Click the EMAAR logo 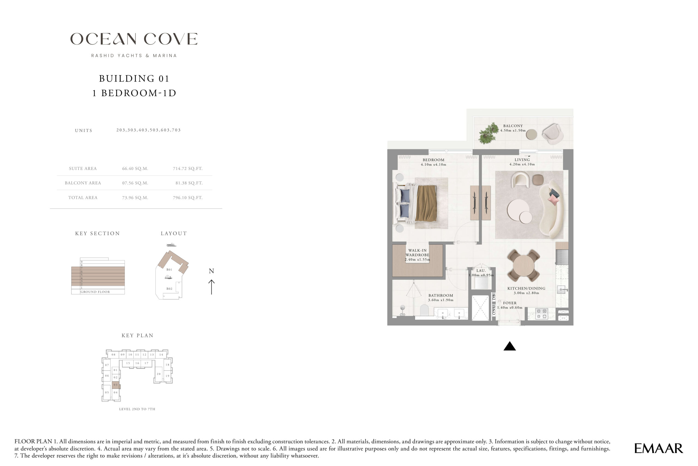click(x=658, y=448)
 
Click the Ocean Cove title click(x=134, y=39)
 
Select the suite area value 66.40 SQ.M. click(x=135, y=169)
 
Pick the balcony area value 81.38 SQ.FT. click(x=189, y=183)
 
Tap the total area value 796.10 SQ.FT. click(x=188, y=198)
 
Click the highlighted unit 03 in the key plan click(x=116, y=385)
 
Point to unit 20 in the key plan click(x=159, y=374)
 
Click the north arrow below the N click(x=212, y=287)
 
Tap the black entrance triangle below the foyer click(x=510, y=346)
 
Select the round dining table click(x=523, y=265)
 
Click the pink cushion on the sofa click(x=553, y=200)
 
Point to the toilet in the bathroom click(x=425, y=310)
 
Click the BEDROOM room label click(x=433, y=160)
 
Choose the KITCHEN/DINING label click(x=526, y=288)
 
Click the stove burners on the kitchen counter click(x=541, y=314)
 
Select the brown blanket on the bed click(x=426, y=203)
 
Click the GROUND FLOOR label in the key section click(x=95, y=292)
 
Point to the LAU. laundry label click(x=481, y=270)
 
